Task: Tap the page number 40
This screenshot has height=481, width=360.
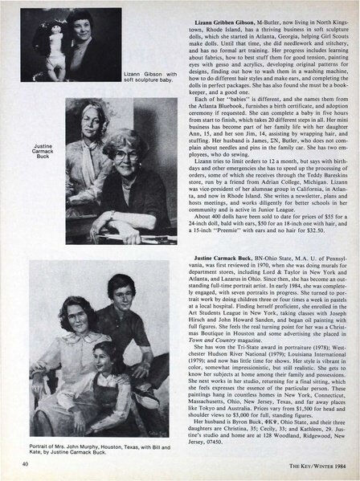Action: point(10,463)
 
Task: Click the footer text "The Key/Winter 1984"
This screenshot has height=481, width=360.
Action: point(318,463)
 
